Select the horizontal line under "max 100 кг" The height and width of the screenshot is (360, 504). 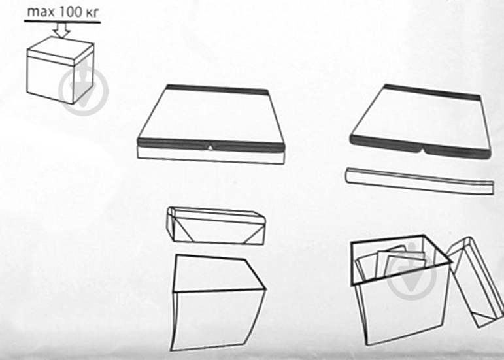point(62,22)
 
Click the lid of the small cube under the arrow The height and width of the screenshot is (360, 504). point(61,51)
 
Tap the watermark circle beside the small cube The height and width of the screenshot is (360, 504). point(84,91)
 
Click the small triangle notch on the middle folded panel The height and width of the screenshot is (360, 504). point(210,148)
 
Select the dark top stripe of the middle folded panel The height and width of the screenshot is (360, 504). point(218,90)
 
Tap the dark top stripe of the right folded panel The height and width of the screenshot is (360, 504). point(432,91)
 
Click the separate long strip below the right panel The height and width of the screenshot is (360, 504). point(420,180)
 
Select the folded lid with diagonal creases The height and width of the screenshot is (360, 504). point(216,225)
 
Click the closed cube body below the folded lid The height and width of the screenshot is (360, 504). point(218,303)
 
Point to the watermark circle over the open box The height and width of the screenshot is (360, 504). point(411,275)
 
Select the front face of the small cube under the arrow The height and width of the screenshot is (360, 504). point(50,78)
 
